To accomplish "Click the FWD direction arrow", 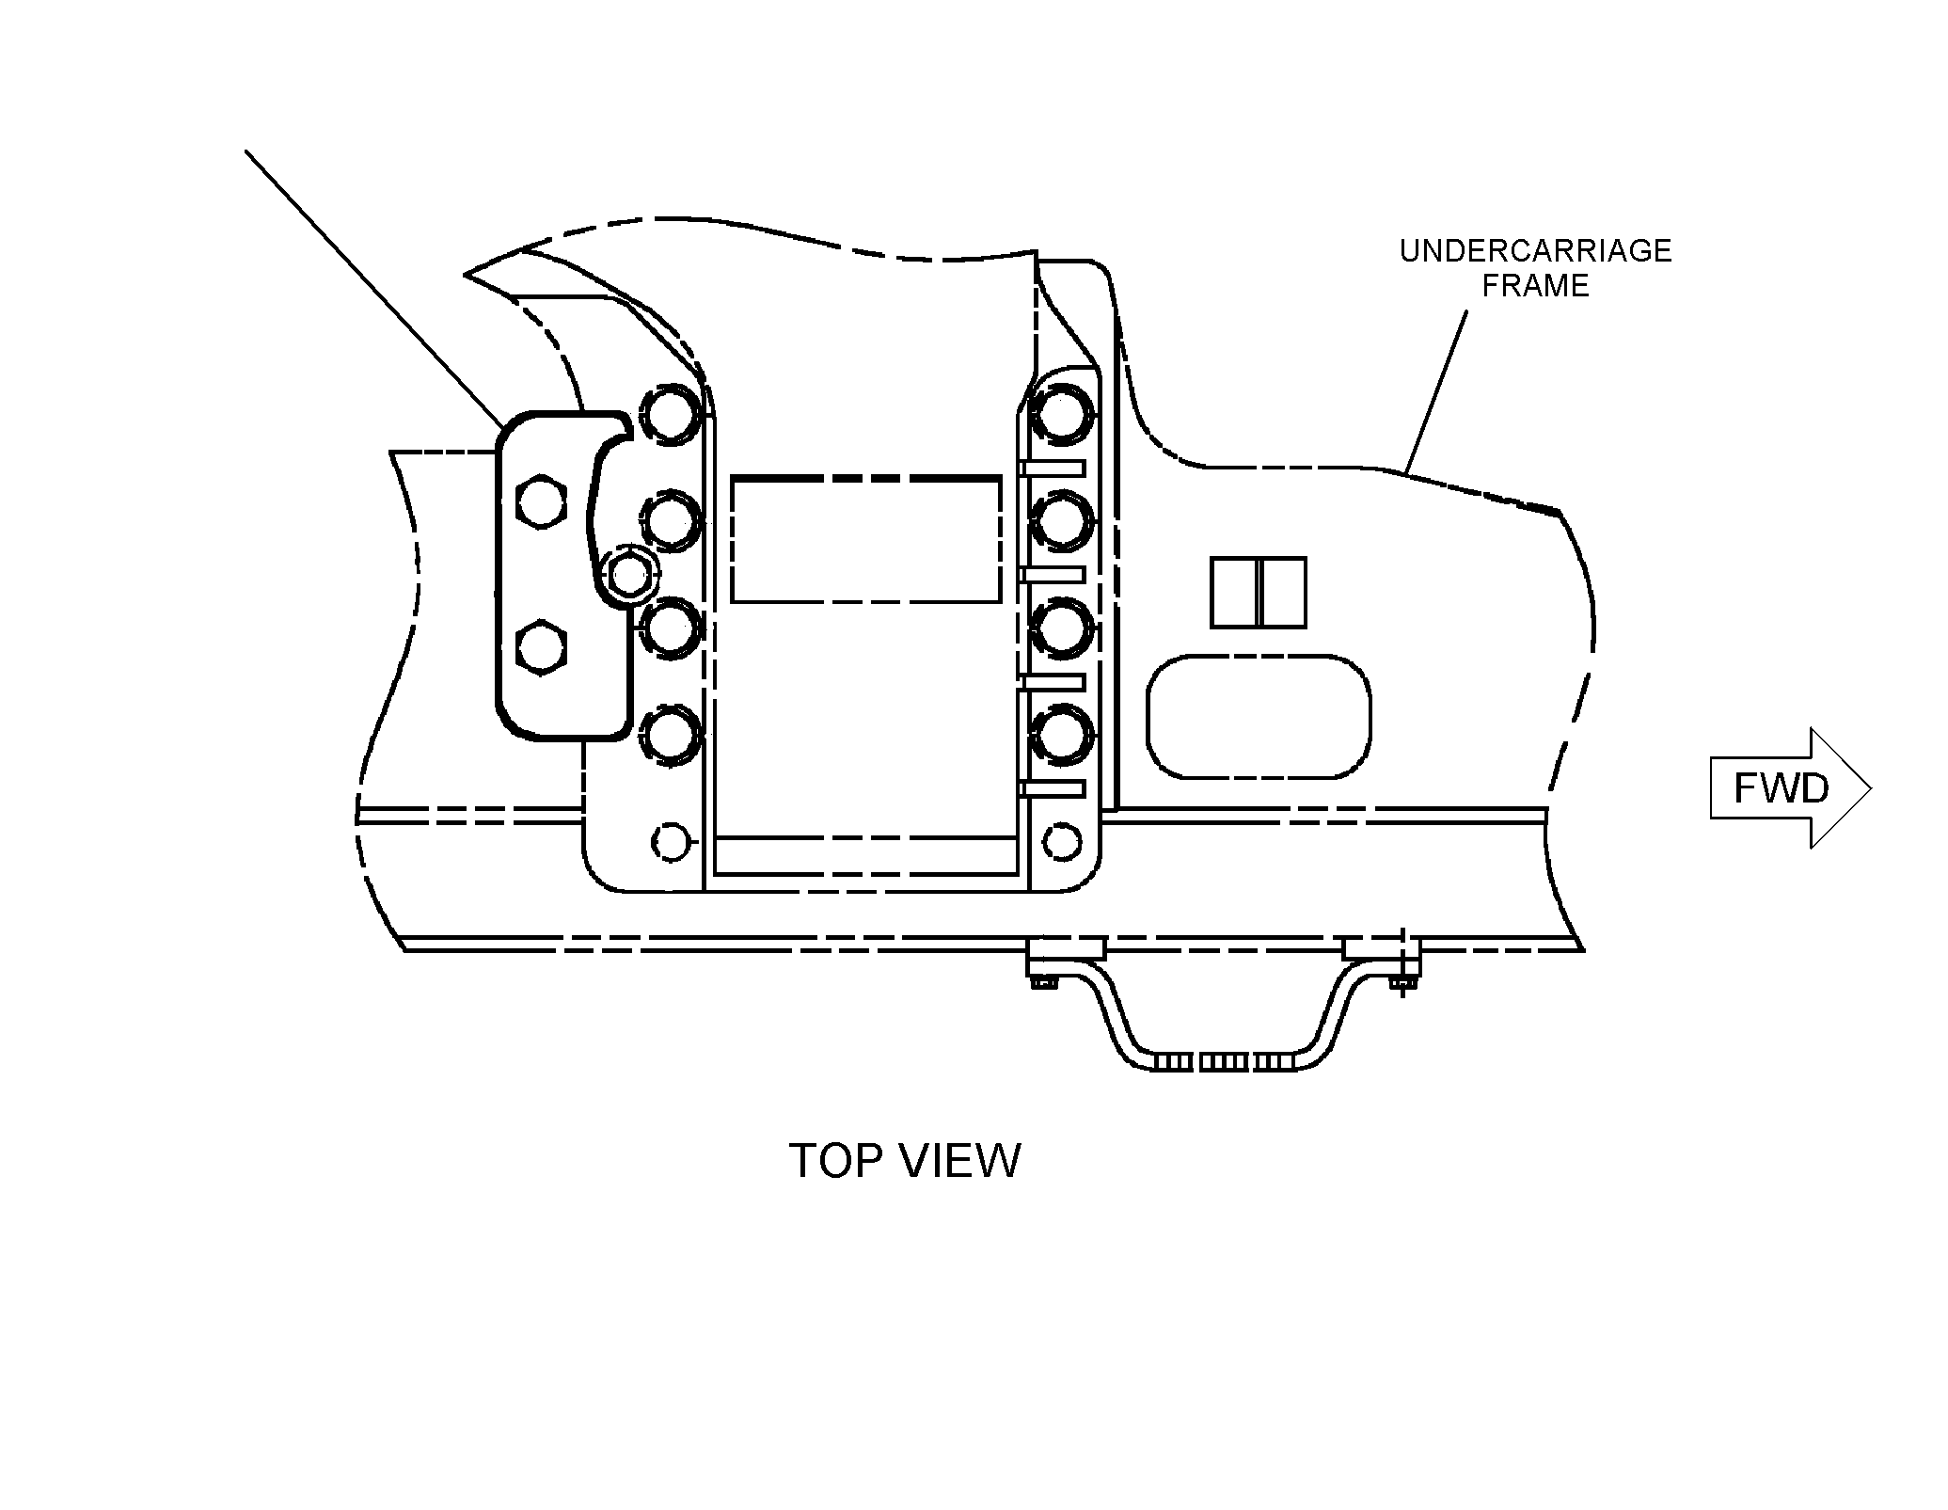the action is [x=1790, y=788].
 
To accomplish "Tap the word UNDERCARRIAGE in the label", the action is [x=1535, y=251].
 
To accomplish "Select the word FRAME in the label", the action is [x=1536, y=285].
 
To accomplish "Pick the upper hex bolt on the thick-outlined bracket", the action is [x=542, y=503].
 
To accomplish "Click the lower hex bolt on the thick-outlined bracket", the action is [x=542, y=647].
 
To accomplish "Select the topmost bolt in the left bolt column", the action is [x=671, y=414].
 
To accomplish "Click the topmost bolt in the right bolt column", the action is [x=1063, y=412].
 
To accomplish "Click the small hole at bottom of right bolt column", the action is [x=1063, y=840].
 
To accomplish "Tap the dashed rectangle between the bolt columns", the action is [x=866, y=539].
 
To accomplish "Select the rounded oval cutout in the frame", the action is [x=1259, y=717].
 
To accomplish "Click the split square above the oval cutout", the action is [x=1259, y=593].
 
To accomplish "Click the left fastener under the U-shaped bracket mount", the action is [x=1043, y=982].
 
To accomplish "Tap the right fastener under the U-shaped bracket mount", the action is [x=1402, y=983].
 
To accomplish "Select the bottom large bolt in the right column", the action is [x=1063, y=734].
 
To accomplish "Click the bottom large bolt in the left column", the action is [x=671, y=734].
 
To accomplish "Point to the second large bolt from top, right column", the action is [x=1063, y=519].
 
